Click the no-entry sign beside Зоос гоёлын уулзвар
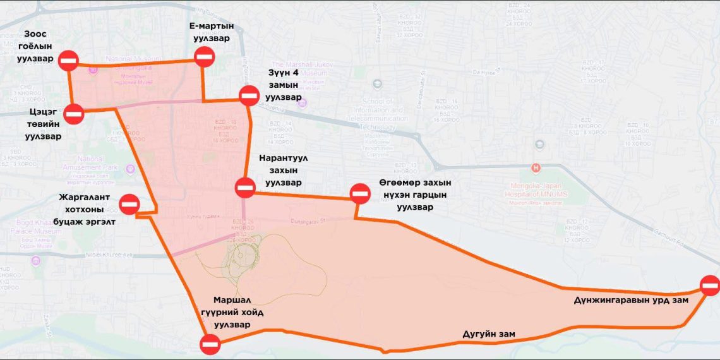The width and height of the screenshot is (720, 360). (68, 61)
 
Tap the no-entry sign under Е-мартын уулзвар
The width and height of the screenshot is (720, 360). (204, 57)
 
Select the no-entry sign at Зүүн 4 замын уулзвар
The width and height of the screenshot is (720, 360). (248, 97)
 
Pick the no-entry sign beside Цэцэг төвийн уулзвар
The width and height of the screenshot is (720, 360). (74, 114)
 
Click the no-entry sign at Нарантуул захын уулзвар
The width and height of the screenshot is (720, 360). (245, 187)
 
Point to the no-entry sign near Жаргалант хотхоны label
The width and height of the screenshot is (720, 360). (129, 203)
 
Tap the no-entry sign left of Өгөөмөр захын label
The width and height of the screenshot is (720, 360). (360, 193)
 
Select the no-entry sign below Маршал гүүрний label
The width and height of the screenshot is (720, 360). (210, 344)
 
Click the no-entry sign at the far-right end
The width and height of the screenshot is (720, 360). (710, 285)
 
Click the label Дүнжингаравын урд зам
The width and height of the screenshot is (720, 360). (631, 300)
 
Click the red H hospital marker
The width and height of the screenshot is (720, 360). (536, 168)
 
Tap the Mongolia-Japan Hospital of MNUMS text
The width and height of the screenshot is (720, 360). (541, 189)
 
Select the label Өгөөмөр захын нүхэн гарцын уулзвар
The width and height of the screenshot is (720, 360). (415, 195)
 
